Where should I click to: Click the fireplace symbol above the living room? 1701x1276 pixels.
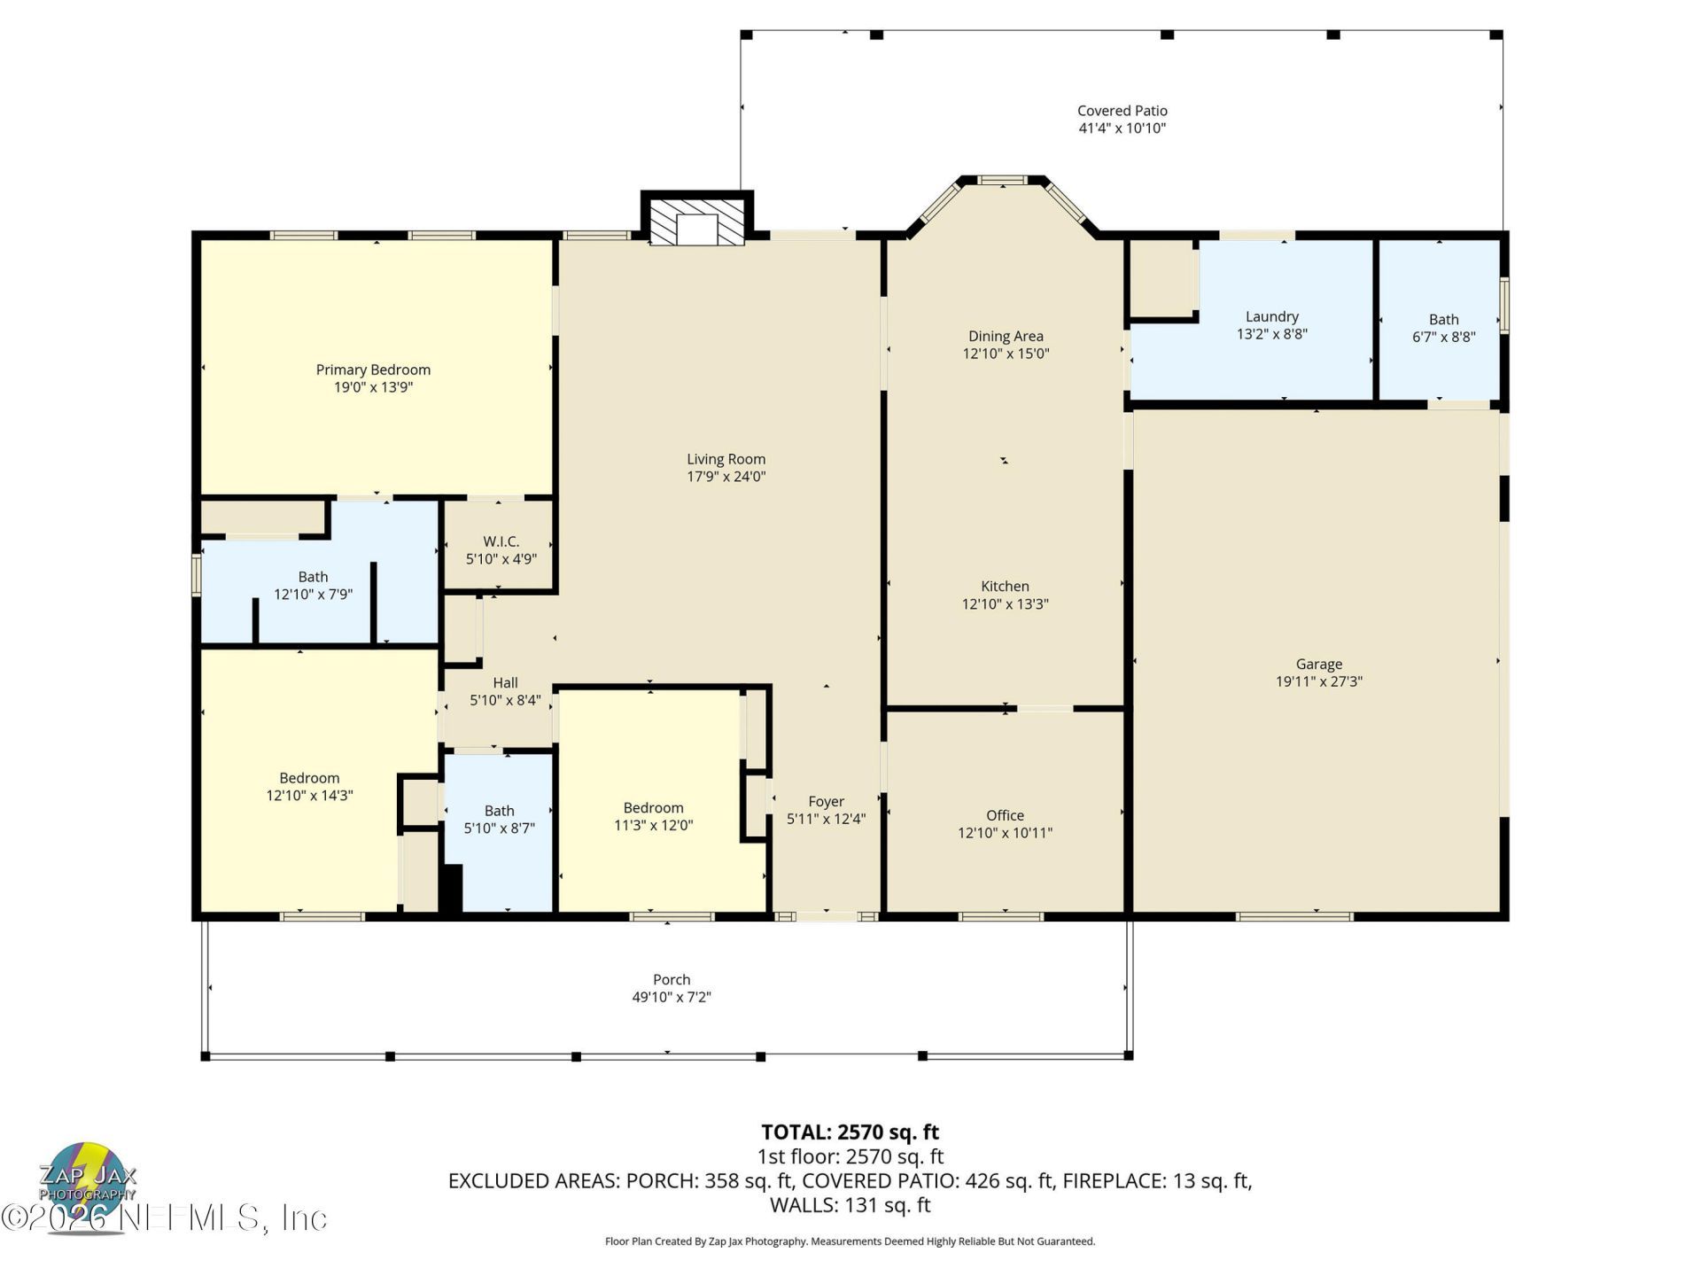tap(696, 222)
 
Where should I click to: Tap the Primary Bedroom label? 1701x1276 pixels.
tap(373, 370)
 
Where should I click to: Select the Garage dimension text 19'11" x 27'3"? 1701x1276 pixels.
tap(1318, 681)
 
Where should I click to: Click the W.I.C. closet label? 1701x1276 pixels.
tap(501, 541)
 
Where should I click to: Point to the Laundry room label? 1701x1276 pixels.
tap(1271, 316)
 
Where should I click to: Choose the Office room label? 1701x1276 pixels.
tap(1005, 815)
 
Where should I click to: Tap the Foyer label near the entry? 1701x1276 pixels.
tap(826, 801)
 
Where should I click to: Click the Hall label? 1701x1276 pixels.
tap(505, 682)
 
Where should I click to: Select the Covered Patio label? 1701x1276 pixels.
tap(1122, 111)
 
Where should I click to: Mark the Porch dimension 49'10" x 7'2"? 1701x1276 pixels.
tap(671, 997)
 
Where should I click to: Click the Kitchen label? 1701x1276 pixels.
tap(1005, 586)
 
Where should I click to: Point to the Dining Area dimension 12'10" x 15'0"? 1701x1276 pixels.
tap(1006, 354)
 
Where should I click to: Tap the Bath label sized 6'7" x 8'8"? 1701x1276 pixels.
tap(1443, 319)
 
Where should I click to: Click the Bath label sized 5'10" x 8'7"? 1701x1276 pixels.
tap(499, 811)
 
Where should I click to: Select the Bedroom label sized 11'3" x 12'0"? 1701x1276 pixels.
tap(653, 807)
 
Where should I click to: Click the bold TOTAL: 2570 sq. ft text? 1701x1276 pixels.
tap(850, 1132)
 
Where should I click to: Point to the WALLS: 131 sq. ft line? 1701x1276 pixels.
tap(850, 1205)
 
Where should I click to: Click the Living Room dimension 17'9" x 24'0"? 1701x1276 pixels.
tap(726, 477)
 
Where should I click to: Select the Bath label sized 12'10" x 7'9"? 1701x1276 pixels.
tap(313, 577)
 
